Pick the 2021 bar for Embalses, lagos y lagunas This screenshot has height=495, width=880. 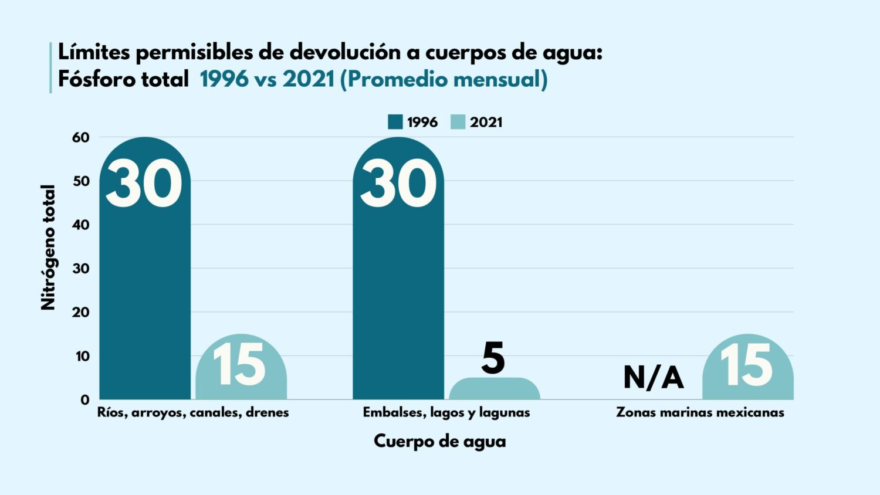pos(495,389)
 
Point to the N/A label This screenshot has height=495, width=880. pos(653,377)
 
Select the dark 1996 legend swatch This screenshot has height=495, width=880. pos(395,122)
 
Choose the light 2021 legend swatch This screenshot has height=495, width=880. pos(458,122)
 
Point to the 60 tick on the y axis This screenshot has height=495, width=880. pos(81,138)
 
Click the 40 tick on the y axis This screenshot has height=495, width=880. pos(81,225)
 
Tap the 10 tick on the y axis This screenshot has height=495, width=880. pos(81,356)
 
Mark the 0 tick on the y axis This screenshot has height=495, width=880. pos(85,400)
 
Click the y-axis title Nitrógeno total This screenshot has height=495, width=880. pos(48,247)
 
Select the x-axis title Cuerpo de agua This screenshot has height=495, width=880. pos(439,441)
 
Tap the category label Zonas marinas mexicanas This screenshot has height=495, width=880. pos(700,412)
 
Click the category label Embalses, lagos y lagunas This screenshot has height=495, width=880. pos(446,412)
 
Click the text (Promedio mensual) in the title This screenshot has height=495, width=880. pos(444,79)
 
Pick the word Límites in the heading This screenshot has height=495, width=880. pos(93,52)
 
